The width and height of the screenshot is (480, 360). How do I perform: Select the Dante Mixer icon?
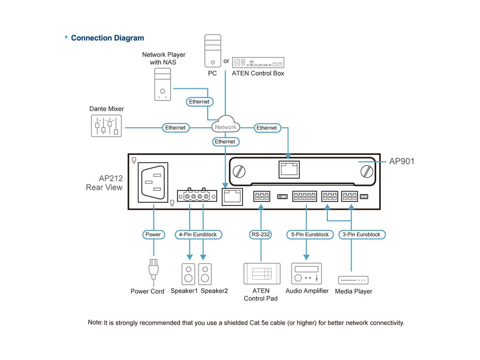[106, 126]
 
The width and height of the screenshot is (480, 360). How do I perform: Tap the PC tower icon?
[212, 51]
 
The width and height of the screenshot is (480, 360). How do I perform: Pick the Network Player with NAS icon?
[162, 84]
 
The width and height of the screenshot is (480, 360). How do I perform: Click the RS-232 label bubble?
[261, 234]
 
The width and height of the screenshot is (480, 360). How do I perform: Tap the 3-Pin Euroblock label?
[362, 234]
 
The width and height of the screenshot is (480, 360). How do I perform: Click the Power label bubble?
[153, 234]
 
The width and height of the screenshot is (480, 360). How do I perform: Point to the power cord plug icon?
[154, 270]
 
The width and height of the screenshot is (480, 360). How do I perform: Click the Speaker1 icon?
[189, 274]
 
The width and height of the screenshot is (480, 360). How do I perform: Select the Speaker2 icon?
[205, 274]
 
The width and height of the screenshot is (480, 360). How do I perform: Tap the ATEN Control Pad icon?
[262, 274]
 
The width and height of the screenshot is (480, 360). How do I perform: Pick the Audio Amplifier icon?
[306, 274]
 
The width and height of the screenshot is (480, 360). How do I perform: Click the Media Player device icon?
[353, 280]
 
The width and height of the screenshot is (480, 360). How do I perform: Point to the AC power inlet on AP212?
[153, 182]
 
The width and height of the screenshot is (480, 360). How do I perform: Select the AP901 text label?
[402, 161]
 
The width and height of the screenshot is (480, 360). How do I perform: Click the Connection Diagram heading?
[107, 38]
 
